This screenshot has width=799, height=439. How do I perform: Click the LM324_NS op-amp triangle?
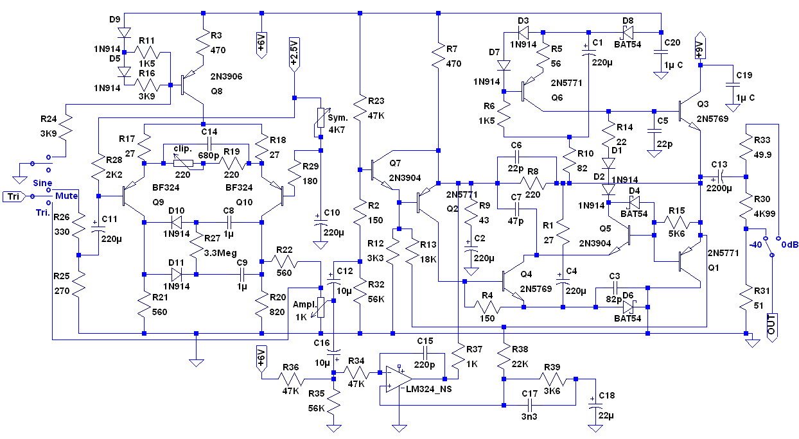(396, 379)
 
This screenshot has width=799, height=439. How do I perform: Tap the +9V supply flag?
(700, 49)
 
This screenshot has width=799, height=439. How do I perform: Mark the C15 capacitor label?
(425, 340)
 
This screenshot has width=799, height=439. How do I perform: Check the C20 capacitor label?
(672, 42)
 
